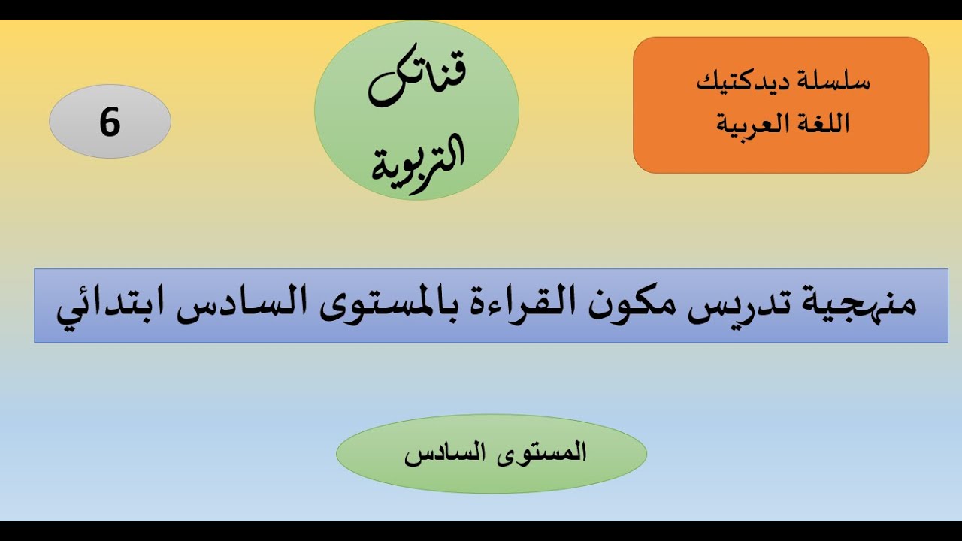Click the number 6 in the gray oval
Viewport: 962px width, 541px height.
110,122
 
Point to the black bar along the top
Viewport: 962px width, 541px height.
481,9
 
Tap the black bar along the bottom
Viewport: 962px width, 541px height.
481,531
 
